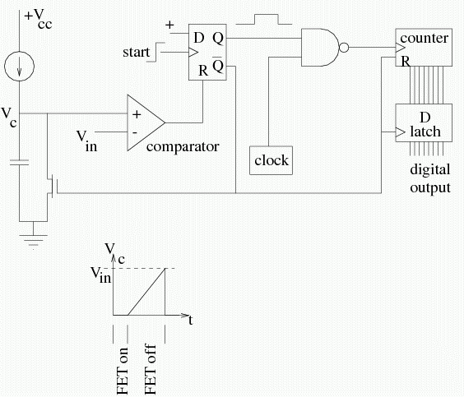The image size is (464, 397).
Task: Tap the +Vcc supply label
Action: point(38,19)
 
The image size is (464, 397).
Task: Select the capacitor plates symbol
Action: point(19,162)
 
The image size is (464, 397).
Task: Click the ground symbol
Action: point(33,240)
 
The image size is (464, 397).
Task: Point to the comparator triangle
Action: point(146,122)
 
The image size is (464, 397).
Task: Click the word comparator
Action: point(183,147)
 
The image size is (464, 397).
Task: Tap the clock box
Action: point(271,160)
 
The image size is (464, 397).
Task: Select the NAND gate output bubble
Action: point(344,48)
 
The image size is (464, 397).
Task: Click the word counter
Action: point(424,38)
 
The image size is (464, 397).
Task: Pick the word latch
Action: point(425,131)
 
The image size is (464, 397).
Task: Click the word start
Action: point(136,52)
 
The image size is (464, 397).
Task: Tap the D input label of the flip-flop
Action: point(199,38)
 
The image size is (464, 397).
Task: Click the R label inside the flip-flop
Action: point(203,71)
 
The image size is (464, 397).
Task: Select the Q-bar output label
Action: point(218,65)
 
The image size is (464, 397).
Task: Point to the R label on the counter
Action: point(406,62)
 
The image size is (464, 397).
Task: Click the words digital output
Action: point(430,178)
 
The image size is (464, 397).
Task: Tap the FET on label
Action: point(122,371)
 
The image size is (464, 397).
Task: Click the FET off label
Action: point(150,369)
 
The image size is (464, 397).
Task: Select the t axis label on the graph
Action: point(191,320)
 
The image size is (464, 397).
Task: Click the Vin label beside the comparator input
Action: point(86,141)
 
